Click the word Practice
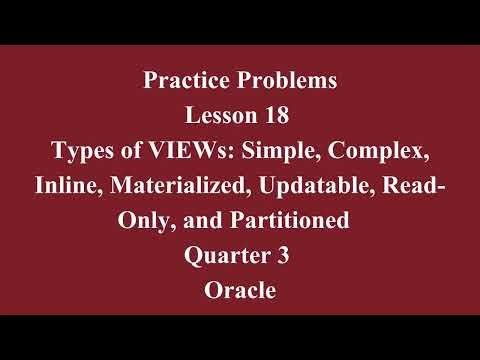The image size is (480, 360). click(x=183, y=79)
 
